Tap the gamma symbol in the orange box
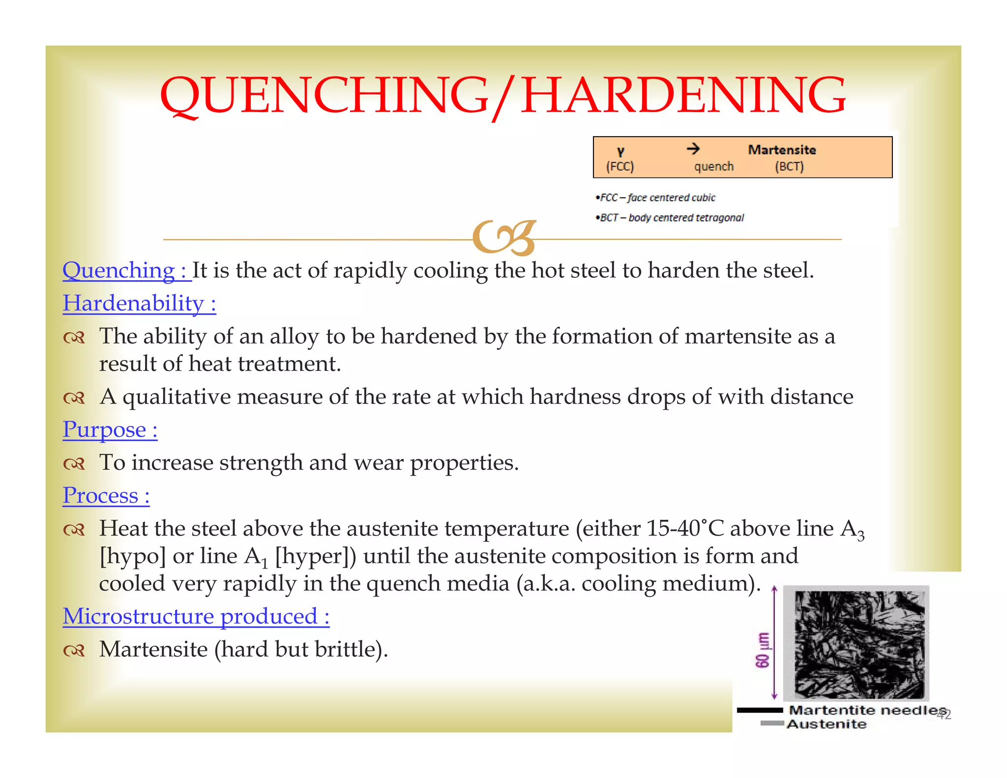(621, 151)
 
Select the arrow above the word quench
(693, 149)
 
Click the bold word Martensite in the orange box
(782, 150)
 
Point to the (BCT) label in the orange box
(789, 167)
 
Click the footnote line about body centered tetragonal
(672, 217)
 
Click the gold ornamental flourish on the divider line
(503, 238)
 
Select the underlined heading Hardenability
(139, 303)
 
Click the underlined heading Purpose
(110, 430)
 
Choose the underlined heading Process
(106, 496)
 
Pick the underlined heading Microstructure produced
(196, 617)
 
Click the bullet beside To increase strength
(74, 464)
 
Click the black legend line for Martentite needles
(759, 710)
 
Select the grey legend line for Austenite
(772, 723)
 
